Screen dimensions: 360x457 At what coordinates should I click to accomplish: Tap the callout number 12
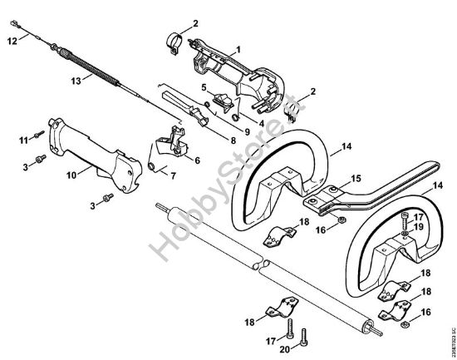click(x=12, y=39)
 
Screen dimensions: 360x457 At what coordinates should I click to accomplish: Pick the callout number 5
click(x=204, y=87)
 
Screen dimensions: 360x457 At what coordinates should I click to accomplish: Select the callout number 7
click(x=173, y=175)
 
